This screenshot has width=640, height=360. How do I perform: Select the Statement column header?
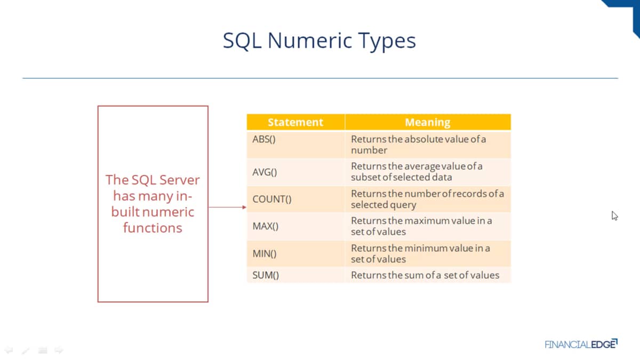click(295, 122)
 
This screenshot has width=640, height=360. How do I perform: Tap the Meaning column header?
click(428, 122)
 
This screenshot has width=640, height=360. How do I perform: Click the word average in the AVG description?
click(423, 166)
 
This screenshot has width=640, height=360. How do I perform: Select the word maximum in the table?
click(427, 221)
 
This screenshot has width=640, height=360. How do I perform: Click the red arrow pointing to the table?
click(228, 207)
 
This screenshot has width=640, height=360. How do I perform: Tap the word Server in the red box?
click(179, 180)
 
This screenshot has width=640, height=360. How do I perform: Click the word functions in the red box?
click(153, 228)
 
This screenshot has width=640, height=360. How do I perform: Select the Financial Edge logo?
click(581, 344)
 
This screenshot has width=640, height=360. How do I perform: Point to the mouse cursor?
click(614, 215)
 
